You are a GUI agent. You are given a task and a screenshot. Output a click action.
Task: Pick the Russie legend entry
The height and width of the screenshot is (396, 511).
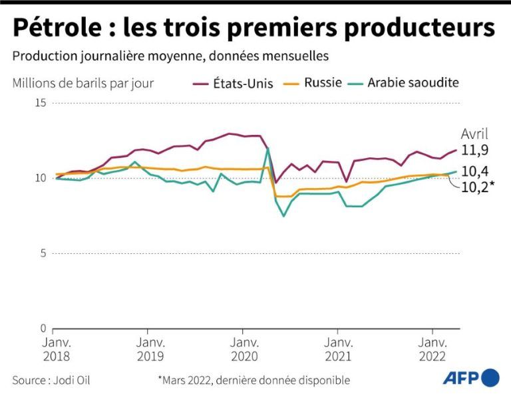click(323, 83)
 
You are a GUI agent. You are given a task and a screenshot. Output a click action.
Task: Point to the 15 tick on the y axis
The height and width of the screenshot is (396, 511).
click(41, 103)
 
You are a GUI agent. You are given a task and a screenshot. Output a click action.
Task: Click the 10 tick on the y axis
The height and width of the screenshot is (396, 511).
click(41, 178)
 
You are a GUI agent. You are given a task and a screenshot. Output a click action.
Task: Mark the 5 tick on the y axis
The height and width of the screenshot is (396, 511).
click(44, 253)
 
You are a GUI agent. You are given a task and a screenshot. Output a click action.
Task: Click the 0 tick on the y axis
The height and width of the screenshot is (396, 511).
click(44, 328)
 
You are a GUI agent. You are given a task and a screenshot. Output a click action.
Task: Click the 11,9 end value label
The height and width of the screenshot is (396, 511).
click(475, 150)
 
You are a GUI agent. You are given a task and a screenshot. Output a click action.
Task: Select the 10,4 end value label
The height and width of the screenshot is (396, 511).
click(475, 171)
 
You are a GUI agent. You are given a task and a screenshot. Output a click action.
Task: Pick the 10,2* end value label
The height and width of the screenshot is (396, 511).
click(478, 187)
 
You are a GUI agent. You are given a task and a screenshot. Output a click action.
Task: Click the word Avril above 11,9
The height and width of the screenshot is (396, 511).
click(474, 134)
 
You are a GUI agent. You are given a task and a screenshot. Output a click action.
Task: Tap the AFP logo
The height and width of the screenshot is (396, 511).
click(471, 378)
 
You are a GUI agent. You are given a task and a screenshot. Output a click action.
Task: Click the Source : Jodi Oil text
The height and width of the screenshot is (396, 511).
click(51, 381)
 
